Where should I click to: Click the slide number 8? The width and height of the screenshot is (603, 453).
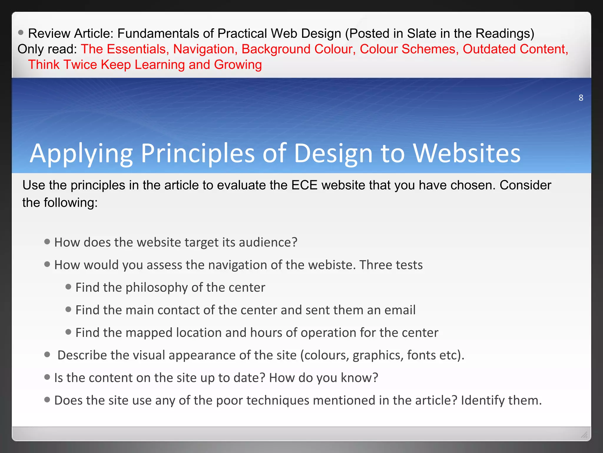pos(581,98)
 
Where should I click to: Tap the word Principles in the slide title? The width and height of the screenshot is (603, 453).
pos(198,153)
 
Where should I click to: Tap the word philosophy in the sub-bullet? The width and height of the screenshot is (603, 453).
pos(156,288)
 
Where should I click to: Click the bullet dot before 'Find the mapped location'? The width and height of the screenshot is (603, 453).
pos(68,332)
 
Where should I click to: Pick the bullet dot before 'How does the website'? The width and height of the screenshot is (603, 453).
pos(47,242)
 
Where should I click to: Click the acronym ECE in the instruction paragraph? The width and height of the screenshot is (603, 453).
pos(304,185)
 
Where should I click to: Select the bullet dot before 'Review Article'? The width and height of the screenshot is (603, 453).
pos(21,32)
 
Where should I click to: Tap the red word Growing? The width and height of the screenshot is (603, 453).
pos(238,65)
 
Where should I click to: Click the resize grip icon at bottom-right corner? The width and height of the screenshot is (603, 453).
pos(584,434)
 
